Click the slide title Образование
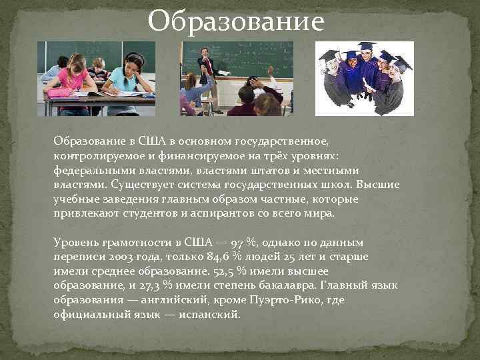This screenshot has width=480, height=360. click(236, 21)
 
